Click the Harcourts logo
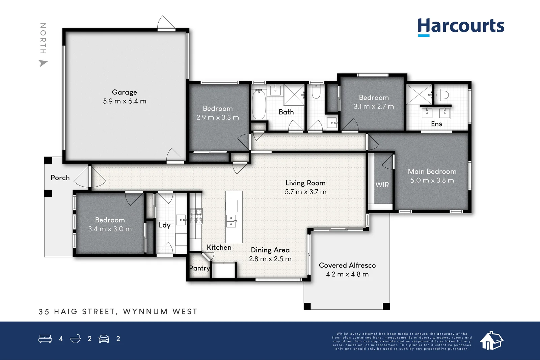[x=461, y=26]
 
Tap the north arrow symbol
[x=43, y=63]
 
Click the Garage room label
[x=124, y=92]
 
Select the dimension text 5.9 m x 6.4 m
[x=124, y=101]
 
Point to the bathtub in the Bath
[x=259, y=105]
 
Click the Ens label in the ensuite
[x=436, y=124]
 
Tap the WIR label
[x=382, y=185]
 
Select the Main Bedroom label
[x=432, y=171]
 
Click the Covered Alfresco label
[x=347, y=265]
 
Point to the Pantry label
[x=199, y=268]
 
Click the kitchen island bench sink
[x=231, y=221]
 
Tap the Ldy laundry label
[x=165, y=225]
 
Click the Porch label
[x=60, y=177]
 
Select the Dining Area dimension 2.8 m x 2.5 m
[x=270, y=259]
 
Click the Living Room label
[x=305, y=183]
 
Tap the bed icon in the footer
[x=45, y=338]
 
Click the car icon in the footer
[x=104, y=338]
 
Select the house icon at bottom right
[x=491, y=340]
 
